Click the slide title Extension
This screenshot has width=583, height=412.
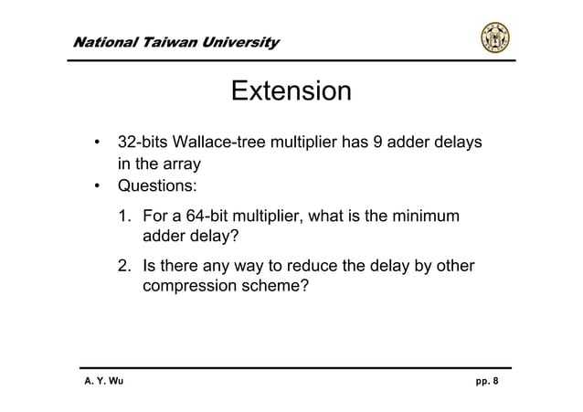click(x=291, y=92)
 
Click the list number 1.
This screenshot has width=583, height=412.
click(x=122, y=217)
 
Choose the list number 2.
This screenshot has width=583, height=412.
click(x=122, y=268)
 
